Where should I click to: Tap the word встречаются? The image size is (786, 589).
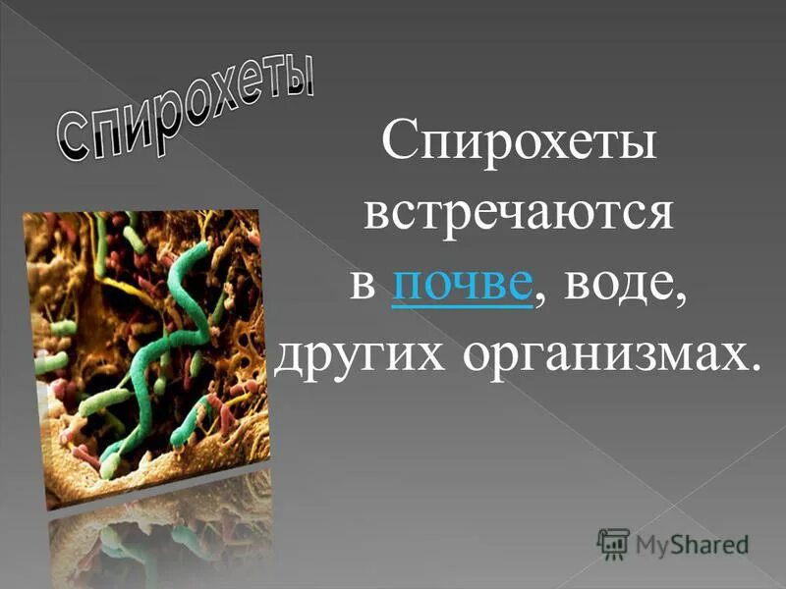point(518,215)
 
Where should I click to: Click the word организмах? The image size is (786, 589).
point(599,355)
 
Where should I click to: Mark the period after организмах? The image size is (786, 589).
point(755,369)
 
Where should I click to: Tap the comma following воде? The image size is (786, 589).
point(677,298)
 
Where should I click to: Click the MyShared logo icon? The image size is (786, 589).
point(612,542)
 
